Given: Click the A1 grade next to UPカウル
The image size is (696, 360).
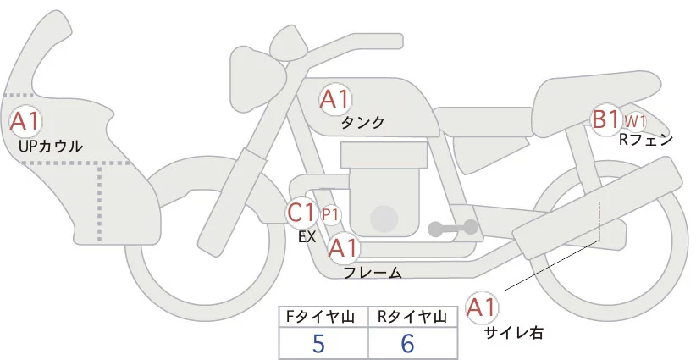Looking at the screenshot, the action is (25, 120).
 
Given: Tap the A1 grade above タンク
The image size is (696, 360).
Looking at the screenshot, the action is (334, 100).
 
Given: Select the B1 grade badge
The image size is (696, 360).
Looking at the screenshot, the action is (606, 119).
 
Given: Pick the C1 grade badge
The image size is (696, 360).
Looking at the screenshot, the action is (302, 213).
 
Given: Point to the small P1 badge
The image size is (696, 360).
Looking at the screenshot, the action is (330, 214).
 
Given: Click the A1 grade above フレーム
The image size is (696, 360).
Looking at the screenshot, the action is (343, 248).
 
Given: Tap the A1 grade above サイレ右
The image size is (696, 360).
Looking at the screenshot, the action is (483, 307).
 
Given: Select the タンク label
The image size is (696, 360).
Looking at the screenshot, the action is (362, 123).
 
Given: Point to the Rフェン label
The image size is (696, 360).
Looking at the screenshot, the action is (646, 140).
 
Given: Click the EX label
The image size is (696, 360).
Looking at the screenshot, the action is (307, 237).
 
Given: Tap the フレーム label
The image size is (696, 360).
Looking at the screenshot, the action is (373, 272).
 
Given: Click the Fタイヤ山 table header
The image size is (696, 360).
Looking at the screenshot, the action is (323, 317).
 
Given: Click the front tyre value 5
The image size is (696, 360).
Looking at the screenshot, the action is (318, 343).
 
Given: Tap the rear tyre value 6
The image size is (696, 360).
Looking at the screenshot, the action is (408, 343).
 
